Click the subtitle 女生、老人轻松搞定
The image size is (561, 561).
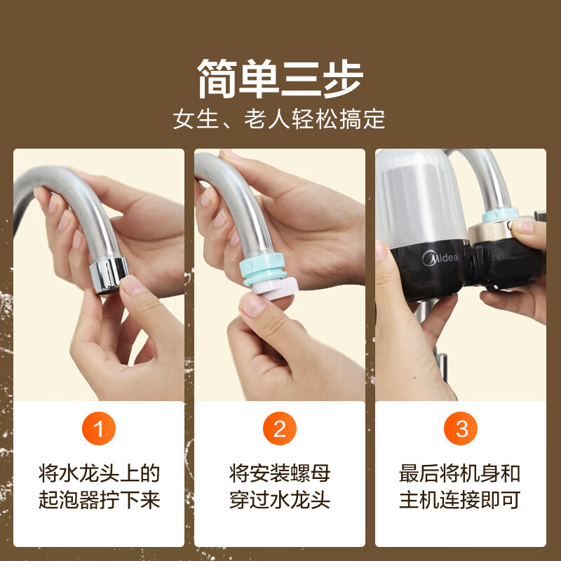pos(280,119)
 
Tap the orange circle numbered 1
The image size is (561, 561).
pos(99,429)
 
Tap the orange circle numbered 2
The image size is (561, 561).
pos(280,429)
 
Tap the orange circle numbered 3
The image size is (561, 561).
pos(461,429)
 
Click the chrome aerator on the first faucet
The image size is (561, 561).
pos(109,275)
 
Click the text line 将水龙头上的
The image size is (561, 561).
pos(99,473)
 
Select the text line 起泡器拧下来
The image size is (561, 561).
pos(99,500)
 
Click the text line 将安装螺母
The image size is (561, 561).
pos(280,473)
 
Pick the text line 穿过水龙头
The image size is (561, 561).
pos(280,500)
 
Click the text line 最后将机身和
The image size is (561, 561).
pos(461,473)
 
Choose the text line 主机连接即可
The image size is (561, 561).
pos(461,500)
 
